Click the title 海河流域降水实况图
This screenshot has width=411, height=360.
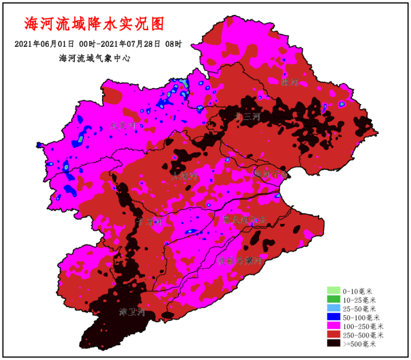click(94, 24)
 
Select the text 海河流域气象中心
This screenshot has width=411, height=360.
click(94, 58)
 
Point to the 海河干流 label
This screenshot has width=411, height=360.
click(268, 173)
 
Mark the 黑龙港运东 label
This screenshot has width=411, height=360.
click(244, 219)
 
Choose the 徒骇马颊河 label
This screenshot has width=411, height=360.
click(240, 261)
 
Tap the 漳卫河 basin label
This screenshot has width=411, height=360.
click(133, 313)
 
